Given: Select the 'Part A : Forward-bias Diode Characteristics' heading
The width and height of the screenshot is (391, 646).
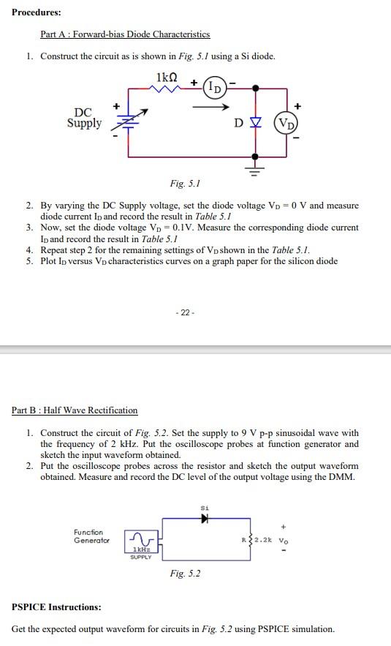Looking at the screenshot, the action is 125,34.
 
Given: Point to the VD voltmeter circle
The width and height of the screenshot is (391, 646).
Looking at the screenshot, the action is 285,122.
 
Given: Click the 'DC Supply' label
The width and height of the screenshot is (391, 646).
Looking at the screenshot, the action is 84,118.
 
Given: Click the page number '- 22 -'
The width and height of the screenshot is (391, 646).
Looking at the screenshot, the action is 186,312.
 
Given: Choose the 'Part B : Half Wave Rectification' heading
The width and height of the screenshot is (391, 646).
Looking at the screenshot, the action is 75,410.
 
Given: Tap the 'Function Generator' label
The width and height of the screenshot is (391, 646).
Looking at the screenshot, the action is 88,536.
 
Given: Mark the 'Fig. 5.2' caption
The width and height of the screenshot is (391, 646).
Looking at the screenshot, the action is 184,574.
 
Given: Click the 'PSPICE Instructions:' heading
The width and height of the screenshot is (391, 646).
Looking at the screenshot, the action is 56,607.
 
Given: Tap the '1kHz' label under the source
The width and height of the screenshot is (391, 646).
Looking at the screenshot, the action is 140,549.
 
